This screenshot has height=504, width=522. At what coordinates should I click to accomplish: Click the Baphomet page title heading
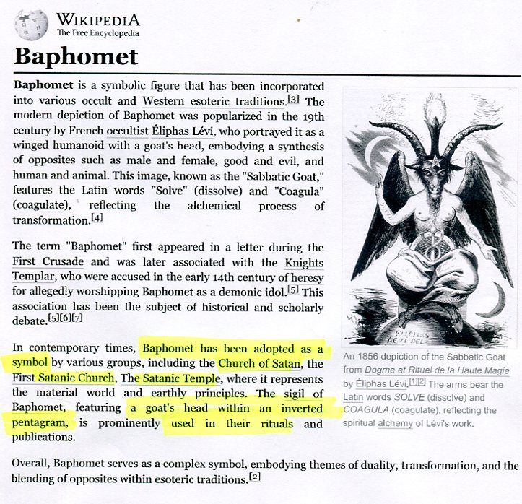pyautogui.click(x=76, y=57)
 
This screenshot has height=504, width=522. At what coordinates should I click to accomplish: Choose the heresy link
pyautogui.click(x=306, y=277)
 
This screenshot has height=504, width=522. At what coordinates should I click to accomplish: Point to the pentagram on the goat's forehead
pyautogui.click(x=431, y=158)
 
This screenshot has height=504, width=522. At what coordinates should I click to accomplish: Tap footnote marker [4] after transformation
pyautogui.click(x=97, y=217)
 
